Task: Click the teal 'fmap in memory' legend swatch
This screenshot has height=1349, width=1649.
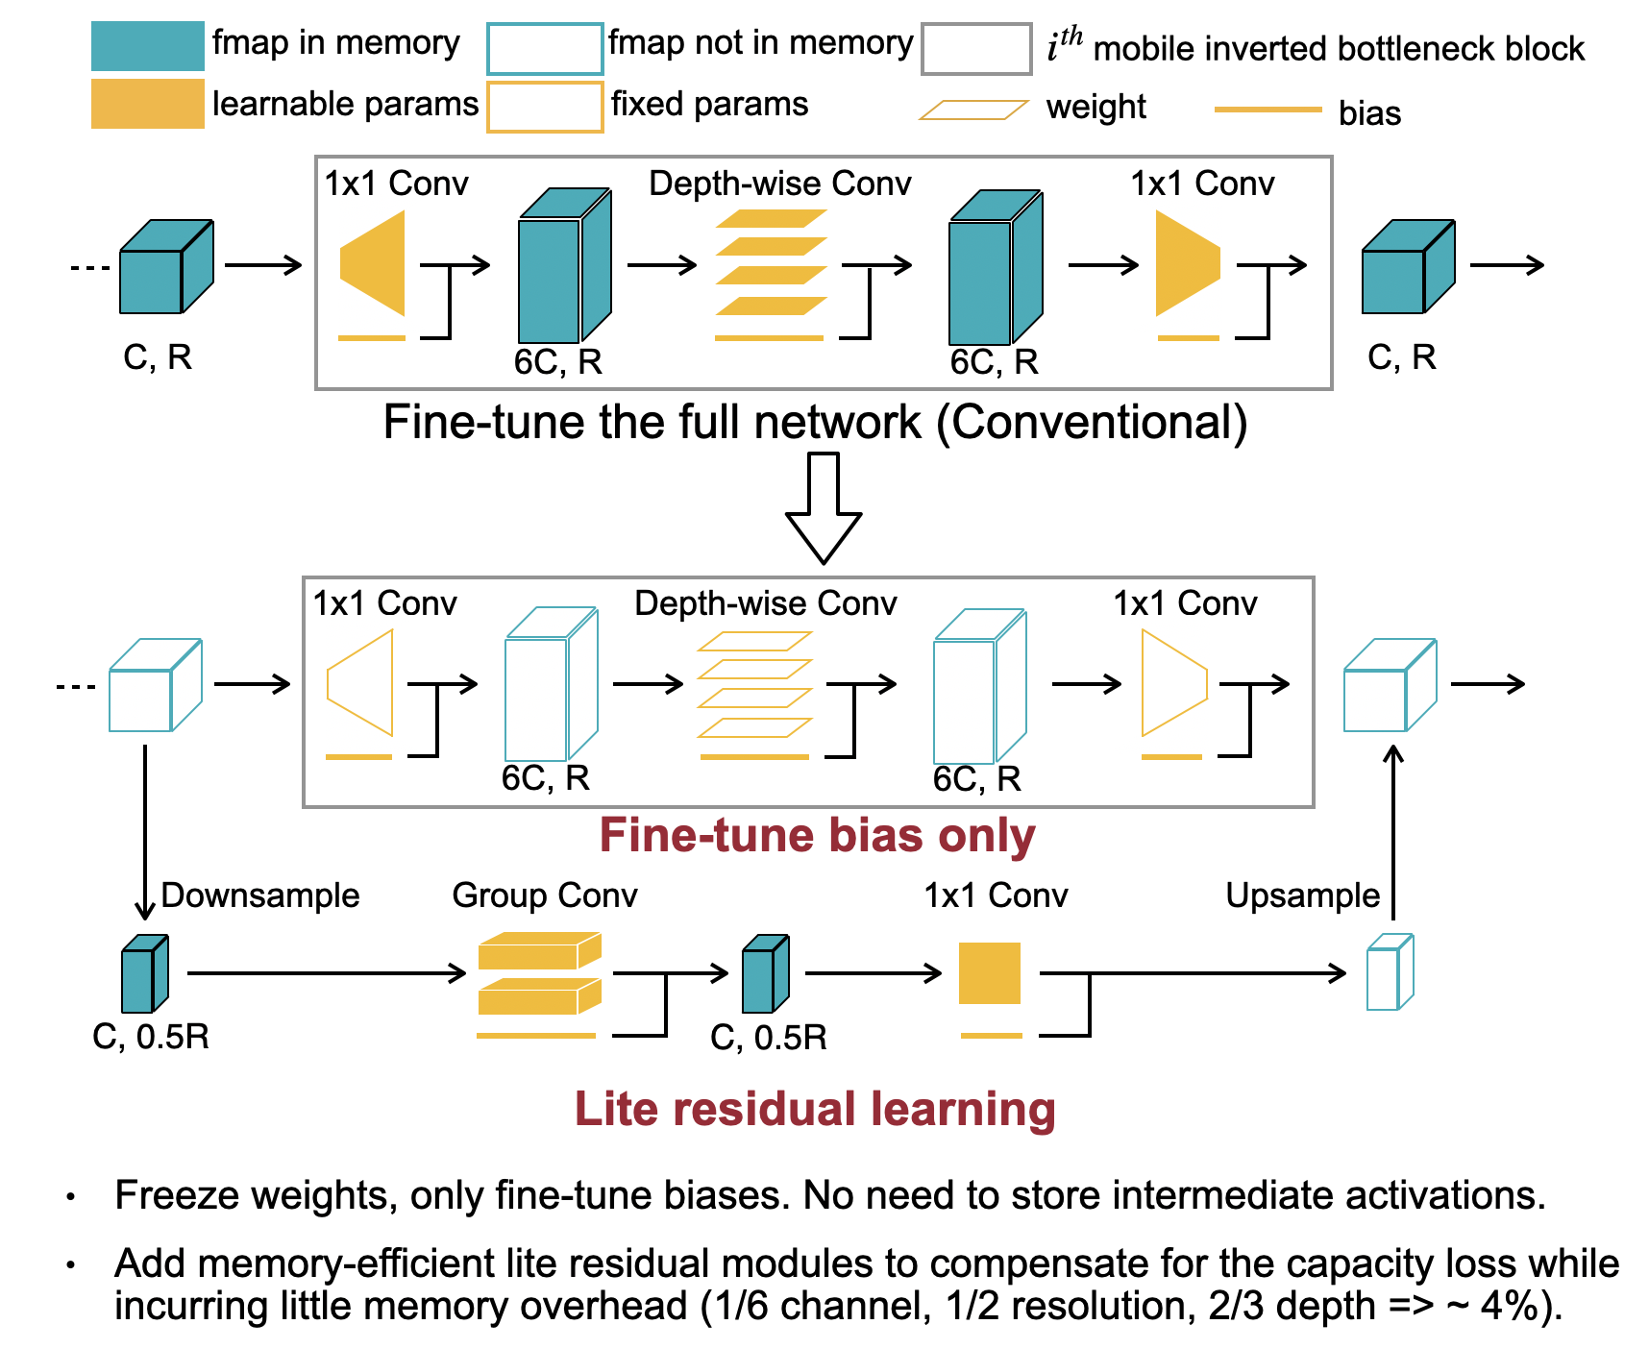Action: pos(147,46)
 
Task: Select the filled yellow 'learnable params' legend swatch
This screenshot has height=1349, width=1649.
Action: pos(147,104)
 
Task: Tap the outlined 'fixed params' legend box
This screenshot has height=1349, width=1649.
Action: pos(545,107)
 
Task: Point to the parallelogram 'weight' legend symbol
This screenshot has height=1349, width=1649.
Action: pos(972,110)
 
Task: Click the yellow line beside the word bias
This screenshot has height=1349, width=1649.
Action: pos(1268,110)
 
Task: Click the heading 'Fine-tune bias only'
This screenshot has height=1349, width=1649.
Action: pos(817,835)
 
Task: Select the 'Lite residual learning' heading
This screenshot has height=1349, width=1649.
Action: pos(815,1109)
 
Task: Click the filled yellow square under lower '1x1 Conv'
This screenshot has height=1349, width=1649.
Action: pos(990,973)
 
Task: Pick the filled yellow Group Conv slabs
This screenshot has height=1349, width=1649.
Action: pos(539,973)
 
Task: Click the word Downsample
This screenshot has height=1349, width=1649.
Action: pos(259,895)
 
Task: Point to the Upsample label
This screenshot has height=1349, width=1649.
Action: pos(1302,895)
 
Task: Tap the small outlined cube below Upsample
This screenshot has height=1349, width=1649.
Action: pos(1390,972)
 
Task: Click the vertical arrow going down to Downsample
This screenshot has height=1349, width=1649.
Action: pos(145,831)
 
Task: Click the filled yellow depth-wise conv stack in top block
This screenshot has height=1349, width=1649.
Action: pos(771,262)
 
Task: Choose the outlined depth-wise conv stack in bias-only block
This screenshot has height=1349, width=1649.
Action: pos(755,684)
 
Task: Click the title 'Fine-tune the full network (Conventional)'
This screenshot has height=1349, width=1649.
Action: pos(815,423)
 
